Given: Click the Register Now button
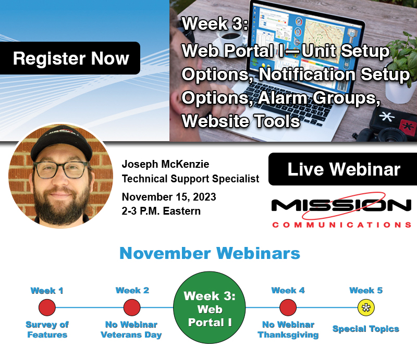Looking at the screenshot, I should point(71,58).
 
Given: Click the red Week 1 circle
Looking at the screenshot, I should point(47,307).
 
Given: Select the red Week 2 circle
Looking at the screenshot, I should point(132,307).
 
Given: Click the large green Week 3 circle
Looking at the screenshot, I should point(210,308).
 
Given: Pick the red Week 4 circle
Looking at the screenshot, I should point(288,307).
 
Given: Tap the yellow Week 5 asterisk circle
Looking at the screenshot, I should point(366,307).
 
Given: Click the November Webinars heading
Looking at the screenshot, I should point(210,253).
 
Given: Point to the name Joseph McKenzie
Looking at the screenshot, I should point(165,165).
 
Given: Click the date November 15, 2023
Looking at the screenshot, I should point(168,197).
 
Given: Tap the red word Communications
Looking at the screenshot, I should point(341,225).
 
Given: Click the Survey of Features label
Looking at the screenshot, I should point(47,330).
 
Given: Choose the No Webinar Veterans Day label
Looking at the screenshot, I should point(132,330).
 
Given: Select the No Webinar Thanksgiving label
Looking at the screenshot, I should point(288,330).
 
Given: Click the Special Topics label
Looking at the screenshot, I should point(366,329).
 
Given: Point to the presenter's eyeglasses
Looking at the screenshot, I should point(60,170).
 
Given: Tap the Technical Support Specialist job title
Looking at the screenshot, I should point(190,179).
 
